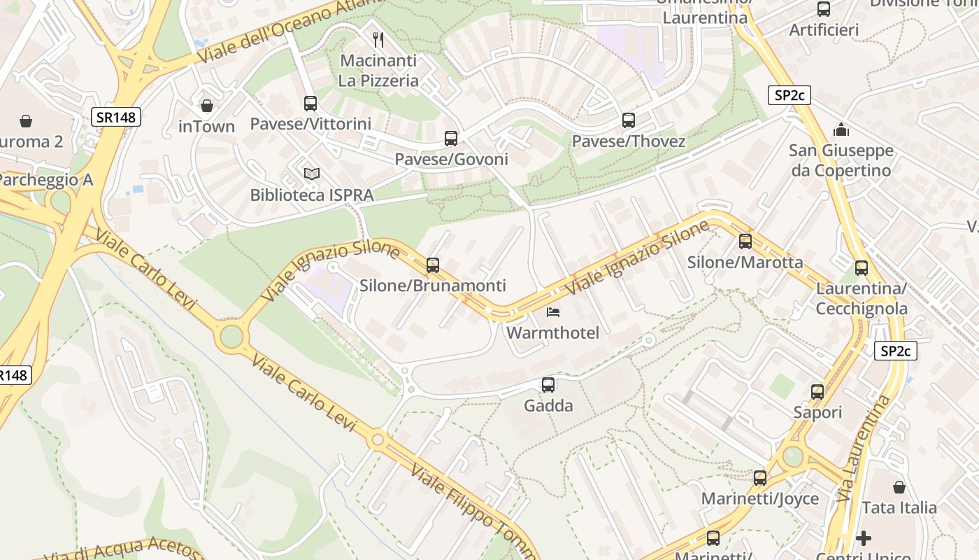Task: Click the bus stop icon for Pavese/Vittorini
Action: point(310,104)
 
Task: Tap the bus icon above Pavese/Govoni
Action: point(451,139)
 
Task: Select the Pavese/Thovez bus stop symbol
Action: point(629,120)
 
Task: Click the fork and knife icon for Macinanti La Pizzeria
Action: point(378,39)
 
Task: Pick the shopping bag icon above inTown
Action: point(206,106)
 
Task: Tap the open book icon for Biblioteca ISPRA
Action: point(311,174)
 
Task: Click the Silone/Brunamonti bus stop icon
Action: point(433,265)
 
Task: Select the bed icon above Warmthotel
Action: point(552,311)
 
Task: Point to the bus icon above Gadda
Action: point(548,384)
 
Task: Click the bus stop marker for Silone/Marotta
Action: point(745,241)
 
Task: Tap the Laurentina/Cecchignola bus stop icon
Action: point(862,267)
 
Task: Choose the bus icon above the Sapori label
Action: point(817,392)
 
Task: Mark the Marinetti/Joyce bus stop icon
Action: point(760,478)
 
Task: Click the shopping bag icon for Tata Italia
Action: point(899,486)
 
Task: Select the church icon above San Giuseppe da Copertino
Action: point(841,129)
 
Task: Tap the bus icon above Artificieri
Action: point(824,9)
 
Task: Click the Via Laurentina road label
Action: point(864,448)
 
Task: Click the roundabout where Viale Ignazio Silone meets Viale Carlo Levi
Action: point(231,336)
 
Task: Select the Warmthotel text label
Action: point(552,332)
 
